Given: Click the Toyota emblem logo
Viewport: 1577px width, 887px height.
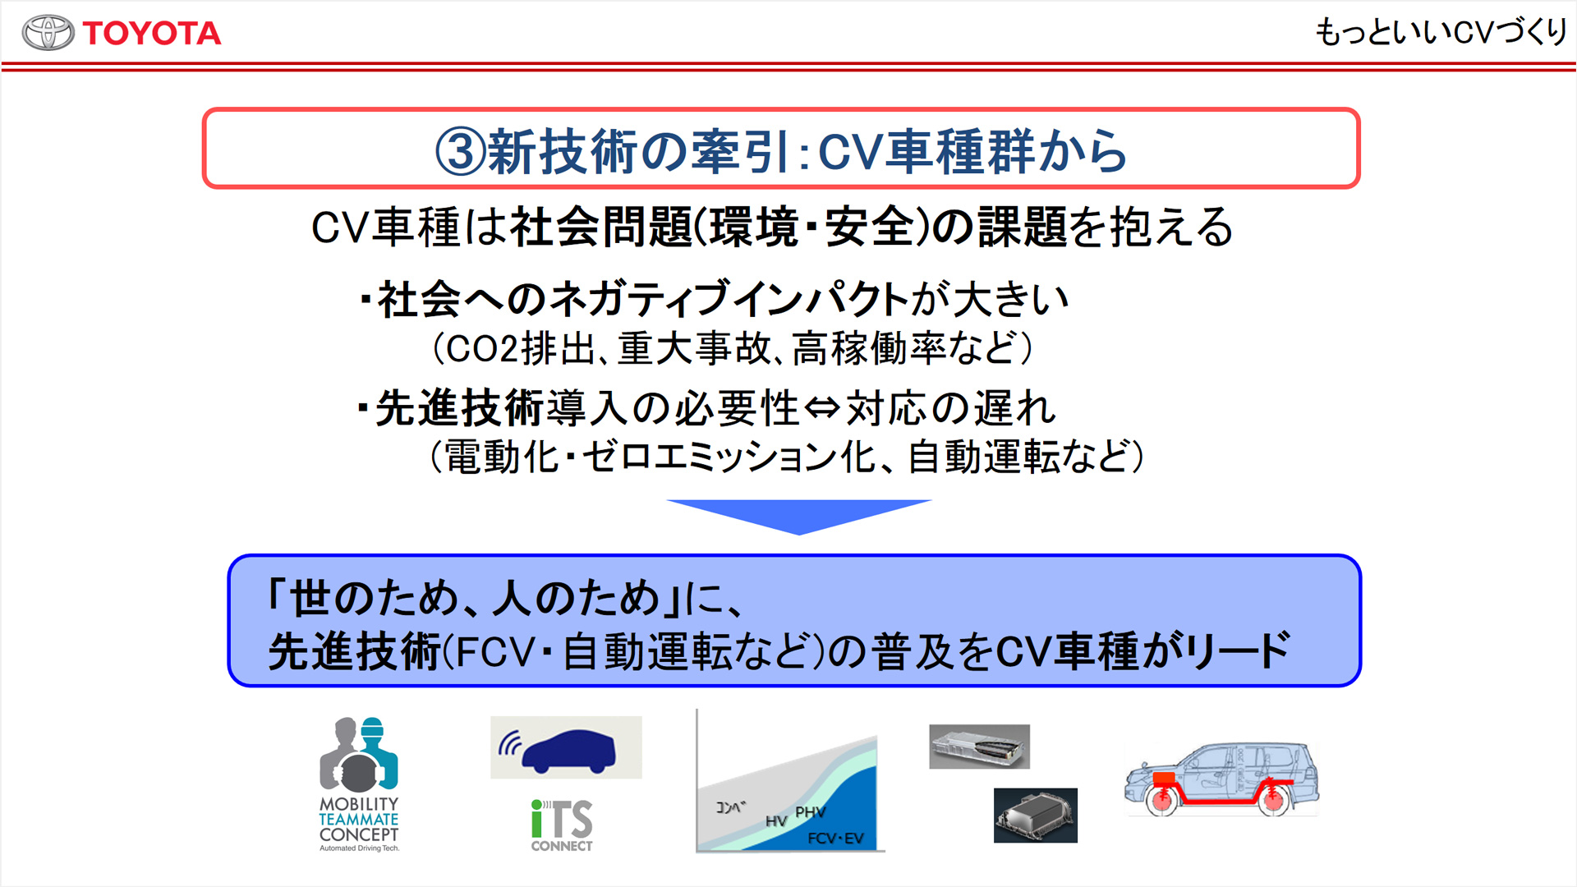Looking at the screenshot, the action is point(48,33).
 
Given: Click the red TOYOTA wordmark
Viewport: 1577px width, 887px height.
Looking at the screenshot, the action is point(152,34).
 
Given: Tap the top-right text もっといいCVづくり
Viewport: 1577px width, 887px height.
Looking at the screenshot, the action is point(1441,32).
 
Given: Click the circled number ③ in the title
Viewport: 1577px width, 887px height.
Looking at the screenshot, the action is point(461,151).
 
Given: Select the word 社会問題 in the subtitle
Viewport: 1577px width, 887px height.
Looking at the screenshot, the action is point(602,227).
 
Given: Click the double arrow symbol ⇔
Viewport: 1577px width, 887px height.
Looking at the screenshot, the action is point(822,408).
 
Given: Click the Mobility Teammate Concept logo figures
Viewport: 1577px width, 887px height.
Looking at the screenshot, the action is point(359,753).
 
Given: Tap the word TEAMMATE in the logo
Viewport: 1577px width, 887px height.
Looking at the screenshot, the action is point(359,820).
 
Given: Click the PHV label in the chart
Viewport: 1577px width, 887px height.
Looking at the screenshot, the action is point(810,812).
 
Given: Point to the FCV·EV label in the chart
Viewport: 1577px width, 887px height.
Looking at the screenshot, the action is point(835,839).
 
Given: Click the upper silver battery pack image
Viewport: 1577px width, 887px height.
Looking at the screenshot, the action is point(979,747).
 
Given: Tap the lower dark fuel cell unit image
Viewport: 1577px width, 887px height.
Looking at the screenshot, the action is point(1035,816).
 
